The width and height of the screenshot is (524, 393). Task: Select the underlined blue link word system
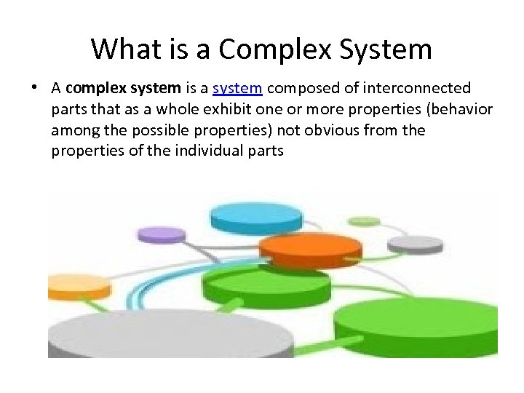237,88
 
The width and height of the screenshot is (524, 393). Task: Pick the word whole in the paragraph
154,109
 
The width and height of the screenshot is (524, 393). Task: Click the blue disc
250,217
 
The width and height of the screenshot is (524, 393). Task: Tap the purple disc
162,235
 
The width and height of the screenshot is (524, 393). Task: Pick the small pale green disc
364,221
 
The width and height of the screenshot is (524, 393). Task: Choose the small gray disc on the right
415,244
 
